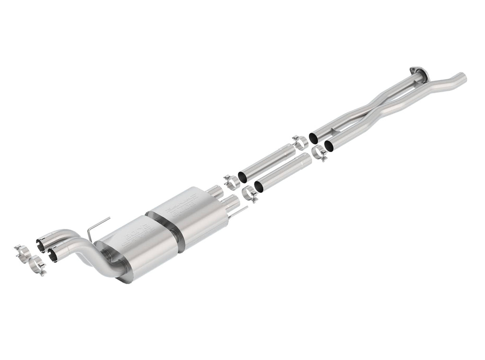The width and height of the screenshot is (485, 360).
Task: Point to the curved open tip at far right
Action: tap(461, 76)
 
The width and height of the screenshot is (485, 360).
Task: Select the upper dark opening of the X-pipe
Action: tap(314, 137)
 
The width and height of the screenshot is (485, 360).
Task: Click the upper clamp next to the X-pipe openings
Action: tap(299, 141)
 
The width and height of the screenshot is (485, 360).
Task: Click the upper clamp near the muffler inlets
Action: tap(231, 181)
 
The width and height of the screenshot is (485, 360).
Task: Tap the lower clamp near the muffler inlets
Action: tap(250, 194)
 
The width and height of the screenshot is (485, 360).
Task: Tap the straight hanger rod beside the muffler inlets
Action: tap(240, 211)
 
